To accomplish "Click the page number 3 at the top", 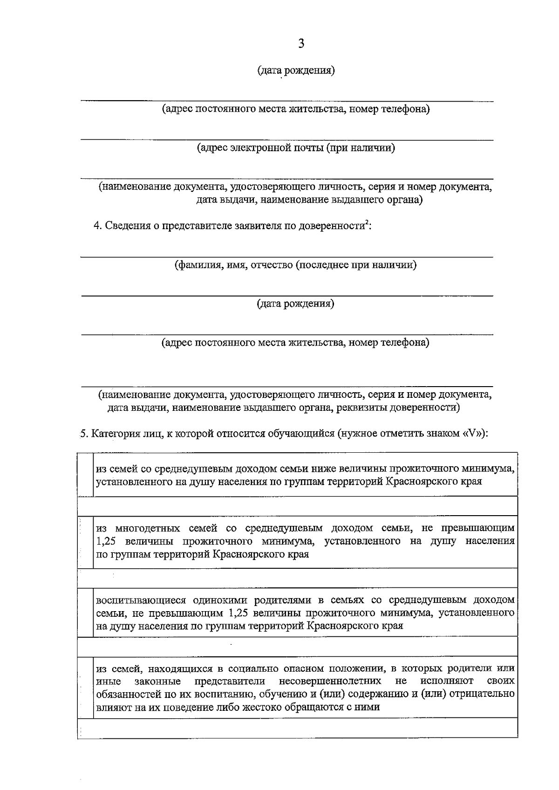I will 301,44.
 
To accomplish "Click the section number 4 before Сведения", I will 97,226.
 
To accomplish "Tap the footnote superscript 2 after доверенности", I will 366,223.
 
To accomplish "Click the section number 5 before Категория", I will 83,434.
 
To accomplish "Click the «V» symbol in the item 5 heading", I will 473,433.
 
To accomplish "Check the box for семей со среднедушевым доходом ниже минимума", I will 86,474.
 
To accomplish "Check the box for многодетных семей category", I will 86,541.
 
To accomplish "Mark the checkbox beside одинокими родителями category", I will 86,613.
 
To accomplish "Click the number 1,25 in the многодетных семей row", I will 105,541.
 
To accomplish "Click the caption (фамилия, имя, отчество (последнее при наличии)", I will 295,265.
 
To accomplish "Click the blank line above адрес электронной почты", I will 287,139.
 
